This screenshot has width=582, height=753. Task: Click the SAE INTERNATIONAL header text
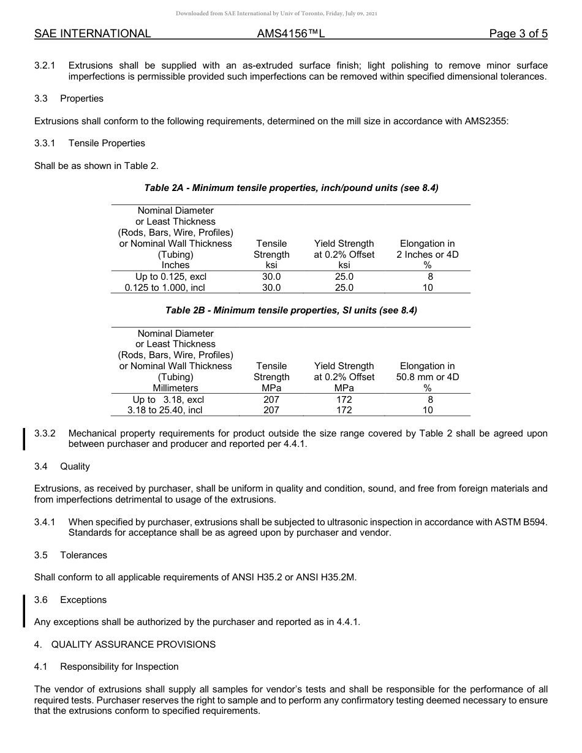93,34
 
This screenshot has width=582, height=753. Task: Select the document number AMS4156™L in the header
290,34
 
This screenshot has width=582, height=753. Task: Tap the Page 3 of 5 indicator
518,34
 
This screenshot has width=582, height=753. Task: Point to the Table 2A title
291,188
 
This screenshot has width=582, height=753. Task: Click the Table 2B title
291,310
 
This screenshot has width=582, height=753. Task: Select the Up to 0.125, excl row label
171,277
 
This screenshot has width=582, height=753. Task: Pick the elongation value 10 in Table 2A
428,288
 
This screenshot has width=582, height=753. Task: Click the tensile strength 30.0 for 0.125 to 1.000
271,288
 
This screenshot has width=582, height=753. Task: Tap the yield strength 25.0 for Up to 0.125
344,277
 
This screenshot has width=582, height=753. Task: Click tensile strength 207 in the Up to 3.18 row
271,399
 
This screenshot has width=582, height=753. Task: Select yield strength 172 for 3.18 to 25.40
344,410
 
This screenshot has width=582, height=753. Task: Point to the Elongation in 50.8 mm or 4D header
428,372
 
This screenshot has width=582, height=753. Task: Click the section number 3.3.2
45,433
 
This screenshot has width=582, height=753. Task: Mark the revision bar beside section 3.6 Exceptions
24,610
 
